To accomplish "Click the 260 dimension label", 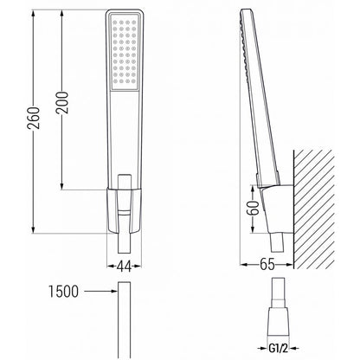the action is [33, 118].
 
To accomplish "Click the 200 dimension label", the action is [61, 103].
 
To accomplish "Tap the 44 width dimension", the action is [124, 266].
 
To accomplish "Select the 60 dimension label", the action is [253, 208].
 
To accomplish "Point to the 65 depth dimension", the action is [267, 264].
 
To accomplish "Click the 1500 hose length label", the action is [63, 292].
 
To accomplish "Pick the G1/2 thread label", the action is [278, 349].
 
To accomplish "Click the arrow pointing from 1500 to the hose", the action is [101, 292].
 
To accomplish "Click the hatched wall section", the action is [314, 209].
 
